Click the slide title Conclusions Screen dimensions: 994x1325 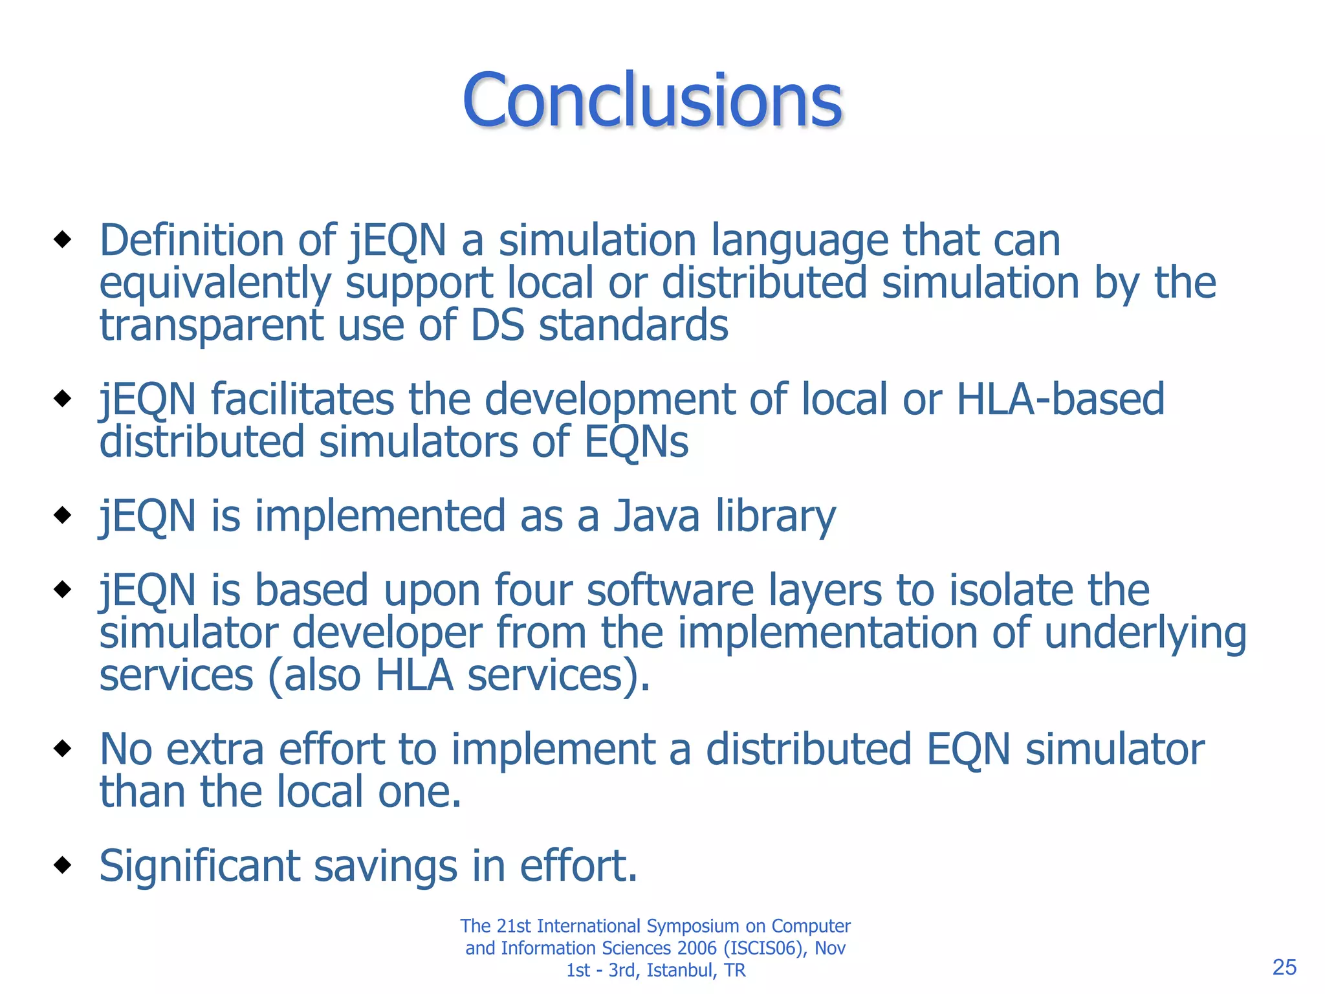652,100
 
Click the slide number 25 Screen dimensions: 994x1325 1284,967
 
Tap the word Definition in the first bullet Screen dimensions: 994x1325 191,241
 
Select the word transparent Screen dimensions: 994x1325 211,326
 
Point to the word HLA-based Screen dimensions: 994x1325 1060,399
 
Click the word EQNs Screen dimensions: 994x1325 636,443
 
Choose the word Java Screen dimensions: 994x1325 657,516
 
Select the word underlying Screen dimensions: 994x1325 1145,634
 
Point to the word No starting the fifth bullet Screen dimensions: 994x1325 126,750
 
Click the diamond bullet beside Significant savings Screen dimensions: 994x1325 63,865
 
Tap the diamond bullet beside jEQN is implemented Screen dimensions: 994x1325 63,515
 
